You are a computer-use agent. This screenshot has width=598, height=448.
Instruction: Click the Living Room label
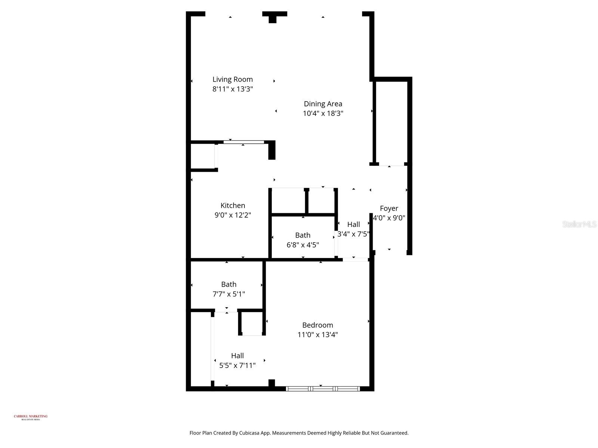(232, 79)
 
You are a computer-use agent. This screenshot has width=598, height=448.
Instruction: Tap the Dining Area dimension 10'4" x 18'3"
(323, 113)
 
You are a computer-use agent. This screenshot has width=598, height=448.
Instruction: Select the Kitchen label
(232, 205)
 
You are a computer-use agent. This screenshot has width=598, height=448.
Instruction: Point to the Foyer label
(389, 208)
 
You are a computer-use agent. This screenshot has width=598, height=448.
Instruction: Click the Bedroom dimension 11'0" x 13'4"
(317, 335)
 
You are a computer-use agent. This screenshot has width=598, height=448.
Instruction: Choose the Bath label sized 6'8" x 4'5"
(302, 235)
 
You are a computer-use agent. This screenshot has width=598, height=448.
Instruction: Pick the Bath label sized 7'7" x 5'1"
(228, 284)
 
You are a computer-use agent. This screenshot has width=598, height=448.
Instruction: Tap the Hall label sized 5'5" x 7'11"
(237, 356)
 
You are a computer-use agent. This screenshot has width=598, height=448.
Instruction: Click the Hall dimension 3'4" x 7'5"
(353, 234)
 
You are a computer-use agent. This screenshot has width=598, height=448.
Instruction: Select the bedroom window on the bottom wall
(323, 389)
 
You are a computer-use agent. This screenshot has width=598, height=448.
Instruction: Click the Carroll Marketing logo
(31, 417)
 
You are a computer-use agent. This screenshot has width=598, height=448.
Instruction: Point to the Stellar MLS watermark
(579, 224)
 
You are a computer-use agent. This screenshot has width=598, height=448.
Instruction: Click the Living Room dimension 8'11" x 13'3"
(232, 89)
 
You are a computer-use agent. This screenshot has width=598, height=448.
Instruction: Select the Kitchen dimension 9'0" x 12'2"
(232, 215)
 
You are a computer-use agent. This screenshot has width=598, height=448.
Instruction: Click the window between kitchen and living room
(244, 142)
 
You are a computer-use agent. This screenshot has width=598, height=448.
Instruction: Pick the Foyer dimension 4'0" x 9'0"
(389, 218)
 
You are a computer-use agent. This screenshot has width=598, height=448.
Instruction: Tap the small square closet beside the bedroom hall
(252, 323)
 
